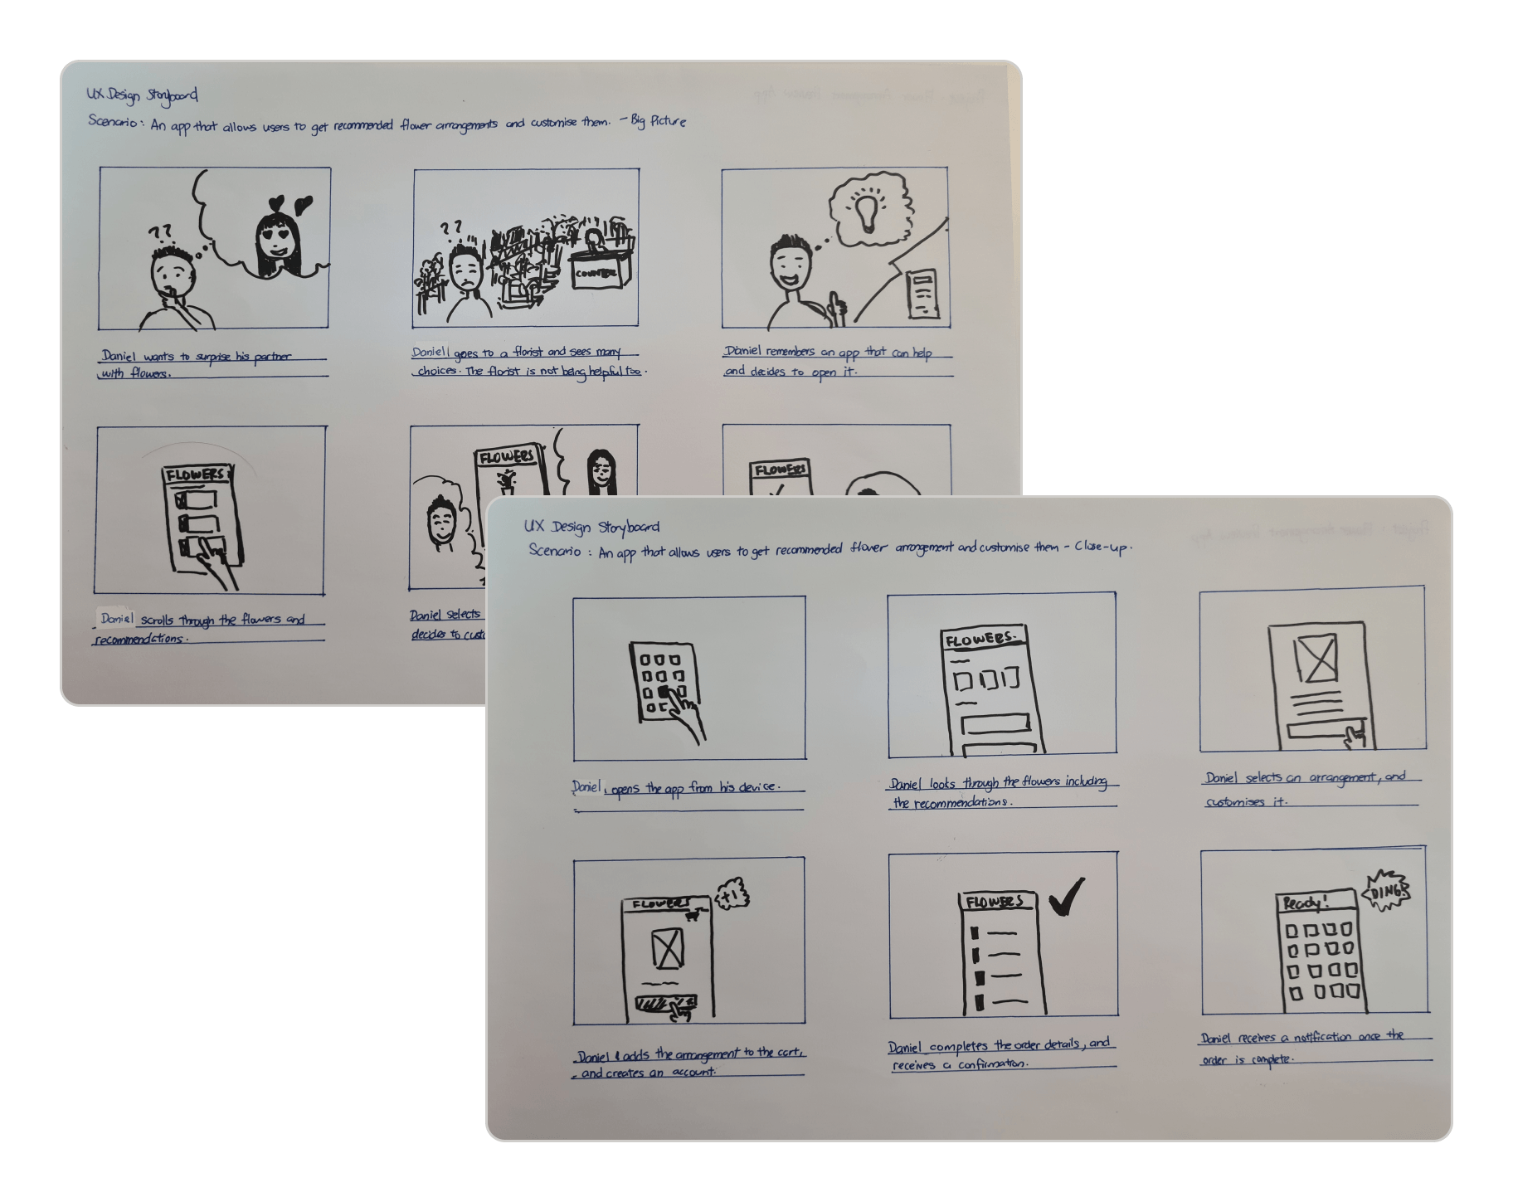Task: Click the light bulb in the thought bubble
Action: click(x=867, y=209)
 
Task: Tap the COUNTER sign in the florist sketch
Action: click(x=595, y=273)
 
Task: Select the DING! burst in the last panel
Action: click(x=1386, y=893)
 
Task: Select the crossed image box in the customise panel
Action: click(x=1316, y=658)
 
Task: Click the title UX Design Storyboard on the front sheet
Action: click(x=591, y=527)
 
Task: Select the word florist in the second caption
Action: click(x=528, y=352)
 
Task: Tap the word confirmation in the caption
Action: click(x=992, y=1064)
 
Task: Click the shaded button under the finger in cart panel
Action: click(x=660, y=1005)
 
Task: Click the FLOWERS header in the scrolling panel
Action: click(x=195, y=474)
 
